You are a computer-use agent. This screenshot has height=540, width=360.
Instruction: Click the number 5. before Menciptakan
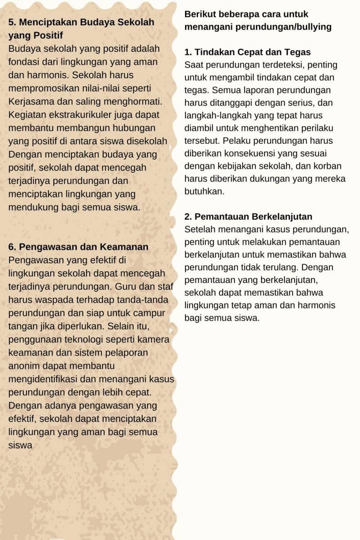click(12, 22)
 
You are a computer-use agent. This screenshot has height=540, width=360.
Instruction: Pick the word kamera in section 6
click(153, 340)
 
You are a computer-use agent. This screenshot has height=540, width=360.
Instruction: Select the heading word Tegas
click(298, 52)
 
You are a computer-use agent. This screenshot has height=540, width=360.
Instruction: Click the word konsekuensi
click(258, 153)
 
